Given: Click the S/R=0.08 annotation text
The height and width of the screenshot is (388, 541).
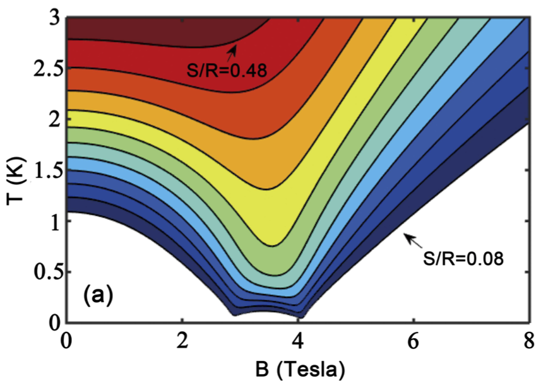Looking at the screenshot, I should (463, 259).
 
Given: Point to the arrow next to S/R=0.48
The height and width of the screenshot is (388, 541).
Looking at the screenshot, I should (234, 51).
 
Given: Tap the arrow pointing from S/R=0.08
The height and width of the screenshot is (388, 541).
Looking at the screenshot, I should (414, 240).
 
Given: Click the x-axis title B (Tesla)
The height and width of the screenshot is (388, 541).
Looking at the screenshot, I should (299, 368).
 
